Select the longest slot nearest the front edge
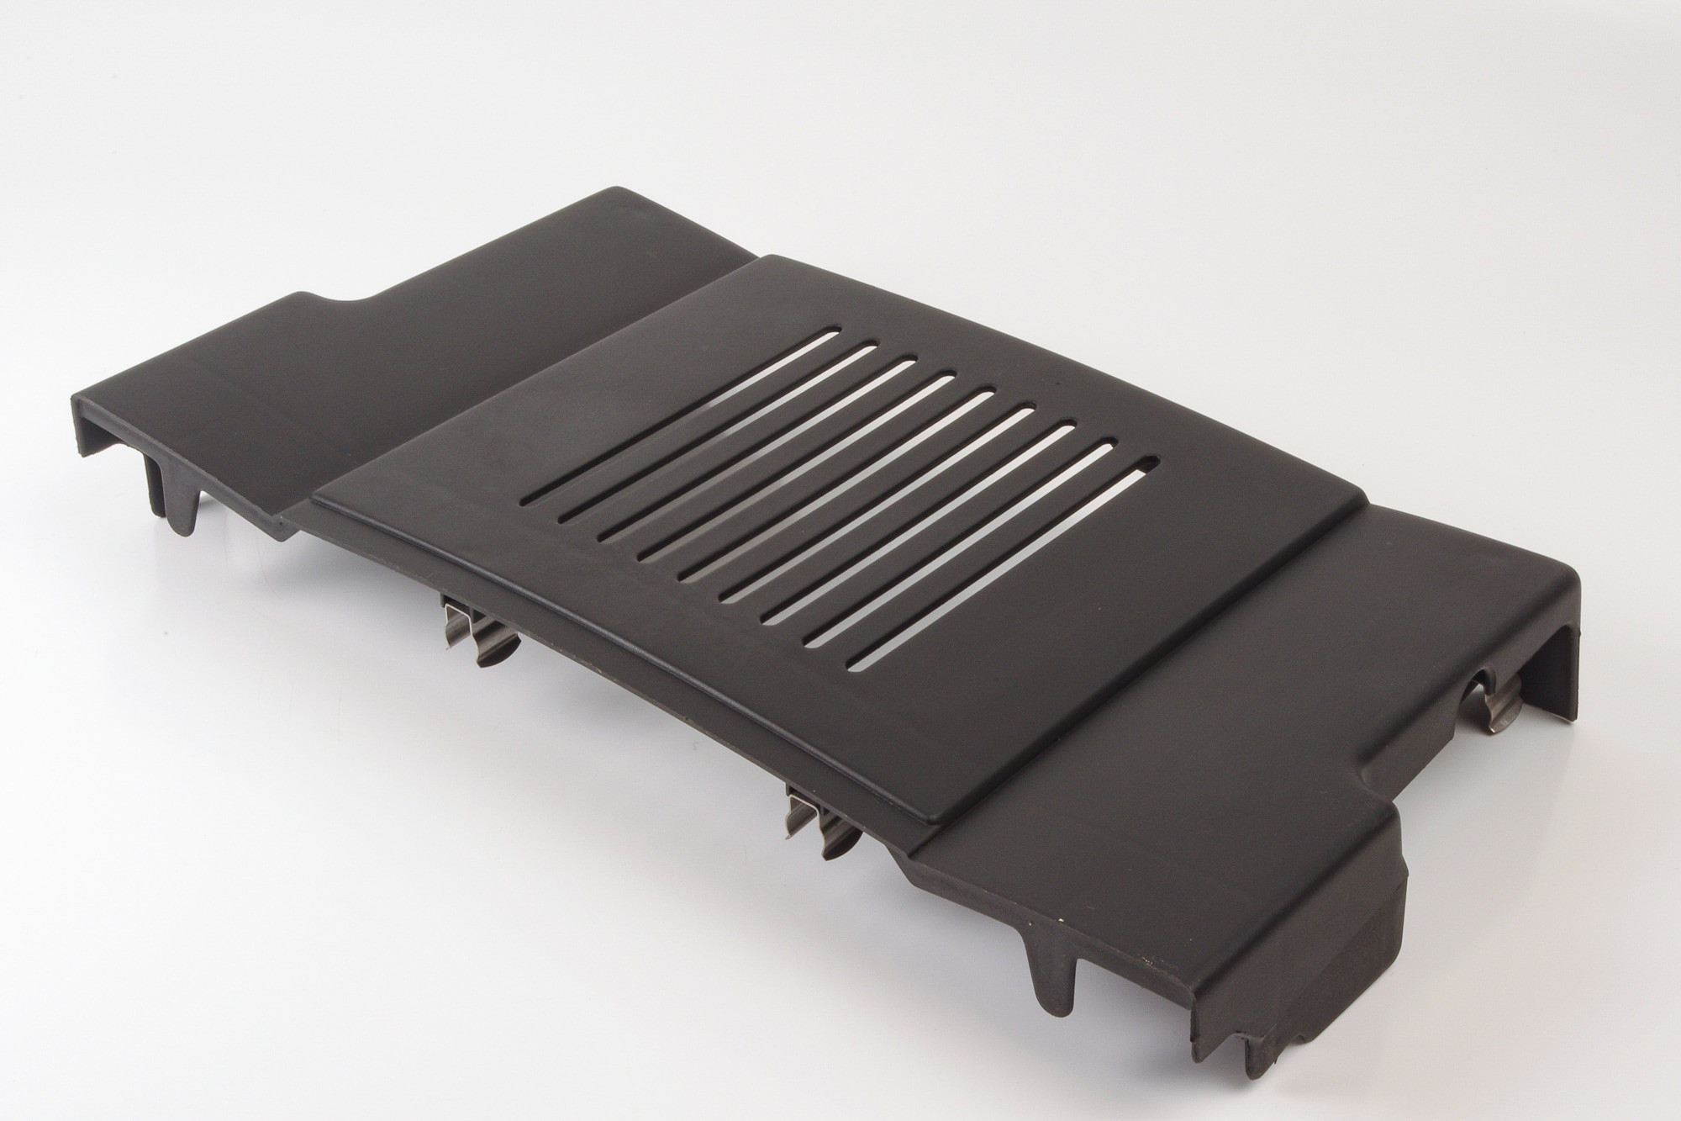(x=996, y=571)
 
